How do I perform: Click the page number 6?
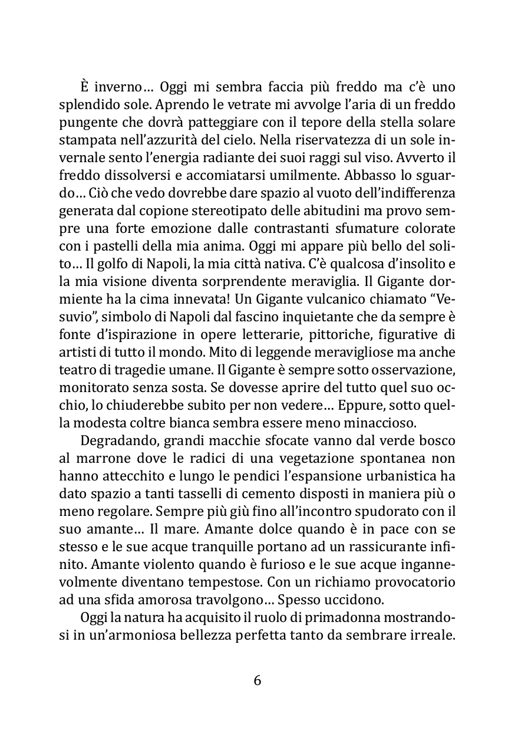[257, 680]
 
